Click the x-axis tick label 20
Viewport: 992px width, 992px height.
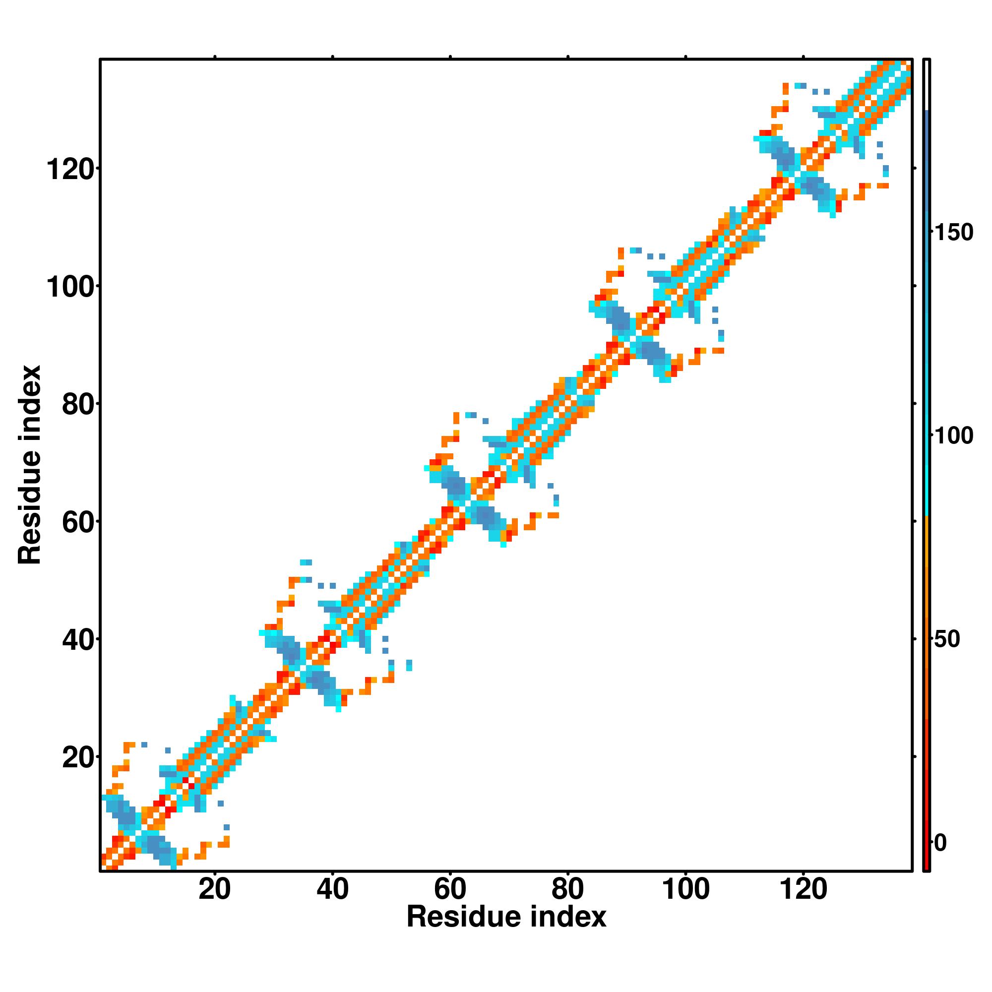(x=215, y=890)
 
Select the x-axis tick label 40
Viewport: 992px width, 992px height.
(x=332, y=890)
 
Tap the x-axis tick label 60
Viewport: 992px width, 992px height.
(x=450, y=890)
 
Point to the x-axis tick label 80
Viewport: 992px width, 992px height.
(x=567, y=890)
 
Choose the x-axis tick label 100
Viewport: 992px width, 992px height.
(x=685, y=890)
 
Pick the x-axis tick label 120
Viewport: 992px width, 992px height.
(x=803, y=890)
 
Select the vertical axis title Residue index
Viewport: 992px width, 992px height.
(x=30, y=465)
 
